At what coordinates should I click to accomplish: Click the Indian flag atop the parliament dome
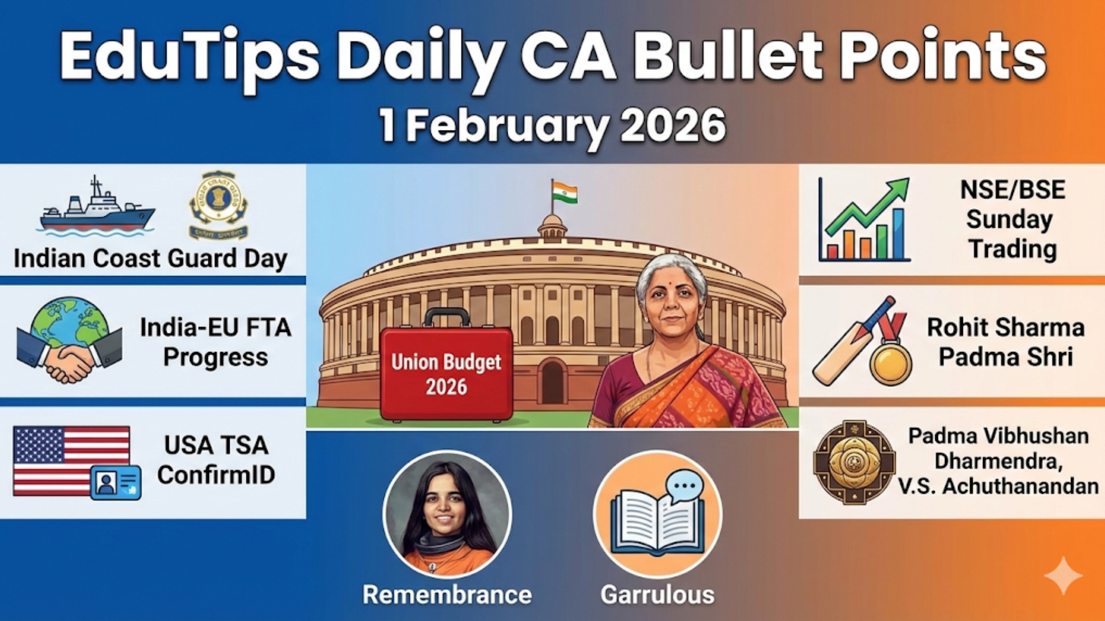click(564, 193)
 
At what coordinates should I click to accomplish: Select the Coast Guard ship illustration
click(97, 209)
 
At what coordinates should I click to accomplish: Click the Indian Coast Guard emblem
click(218, 205)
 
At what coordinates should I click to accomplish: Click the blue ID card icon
click(116, 482)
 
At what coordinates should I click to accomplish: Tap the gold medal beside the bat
click(890, 362)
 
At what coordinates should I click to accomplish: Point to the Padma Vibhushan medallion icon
click(854, 462)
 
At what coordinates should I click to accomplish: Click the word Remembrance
click(447, 595)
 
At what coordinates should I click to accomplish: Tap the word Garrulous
click(657, 595)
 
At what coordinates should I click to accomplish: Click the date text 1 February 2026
click(552, 125)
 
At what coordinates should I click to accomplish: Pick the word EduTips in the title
click(190, 57)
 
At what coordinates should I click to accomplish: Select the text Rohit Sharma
click(1005, 327)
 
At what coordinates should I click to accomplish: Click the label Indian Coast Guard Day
click(150, 258)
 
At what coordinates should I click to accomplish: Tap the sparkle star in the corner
click(1063, 575)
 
